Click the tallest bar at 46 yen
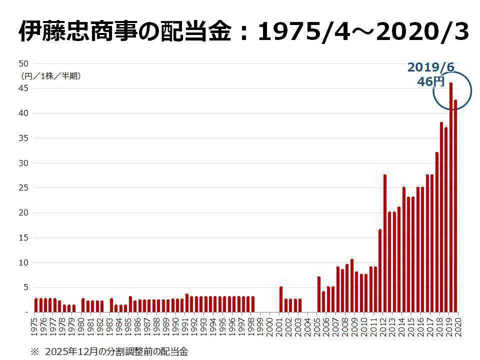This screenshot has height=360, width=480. tap(450, 197)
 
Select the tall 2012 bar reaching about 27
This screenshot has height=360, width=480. tap(385, 243)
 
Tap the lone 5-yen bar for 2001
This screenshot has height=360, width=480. tap(281, 299)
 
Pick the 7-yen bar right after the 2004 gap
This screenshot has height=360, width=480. tap(318, 294)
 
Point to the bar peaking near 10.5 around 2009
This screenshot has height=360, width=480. tap(351, 285)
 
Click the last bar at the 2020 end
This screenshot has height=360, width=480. tap(455, 205)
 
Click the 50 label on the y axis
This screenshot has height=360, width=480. tap(23, 63)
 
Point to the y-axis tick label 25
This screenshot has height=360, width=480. tap(23, 187)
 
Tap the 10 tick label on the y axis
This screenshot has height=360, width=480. tap(23, 262)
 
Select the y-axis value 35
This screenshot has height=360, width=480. tap(23, 138)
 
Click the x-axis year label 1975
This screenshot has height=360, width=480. tap(34, 326)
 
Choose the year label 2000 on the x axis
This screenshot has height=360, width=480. tap(270, 326)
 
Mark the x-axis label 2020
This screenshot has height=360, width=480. tap(458, 326)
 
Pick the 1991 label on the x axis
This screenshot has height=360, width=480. tap(185, 326)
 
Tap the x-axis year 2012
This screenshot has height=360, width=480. tap(383, 326)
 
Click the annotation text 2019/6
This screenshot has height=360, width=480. tap(431, 67)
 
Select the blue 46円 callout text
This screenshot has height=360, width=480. tap(430, 81)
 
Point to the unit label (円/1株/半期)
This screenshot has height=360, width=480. tap(50, 76)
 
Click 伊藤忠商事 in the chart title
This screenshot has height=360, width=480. tap(78, 31)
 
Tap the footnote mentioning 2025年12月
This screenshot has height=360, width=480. tap(109, 351)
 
